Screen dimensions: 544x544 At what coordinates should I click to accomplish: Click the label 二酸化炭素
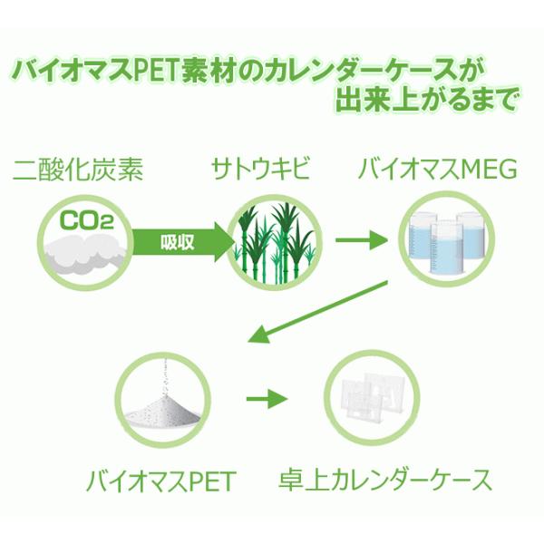(78, 170)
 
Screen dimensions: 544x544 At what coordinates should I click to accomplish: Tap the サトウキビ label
(260, 169)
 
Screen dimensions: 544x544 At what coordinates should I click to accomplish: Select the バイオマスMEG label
(438, 169)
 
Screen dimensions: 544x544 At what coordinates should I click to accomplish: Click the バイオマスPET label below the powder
(161, 481)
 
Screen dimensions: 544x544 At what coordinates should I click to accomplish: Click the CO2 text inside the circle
(87, 220)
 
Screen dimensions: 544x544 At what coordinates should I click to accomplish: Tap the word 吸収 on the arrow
(178, 242)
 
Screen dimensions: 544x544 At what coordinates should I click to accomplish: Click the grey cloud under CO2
(84, 253)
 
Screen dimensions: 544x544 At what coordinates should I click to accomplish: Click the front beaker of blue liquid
(446, 248)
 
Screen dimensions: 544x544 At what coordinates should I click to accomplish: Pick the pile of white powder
(162, 412)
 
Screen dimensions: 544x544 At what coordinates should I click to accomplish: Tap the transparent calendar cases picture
(371, 395)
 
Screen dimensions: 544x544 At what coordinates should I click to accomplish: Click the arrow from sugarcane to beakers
(361, 240)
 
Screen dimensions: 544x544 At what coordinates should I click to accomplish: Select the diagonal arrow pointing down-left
(317, 312)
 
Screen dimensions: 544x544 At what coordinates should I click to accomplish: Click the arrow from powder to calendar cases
(267, 399)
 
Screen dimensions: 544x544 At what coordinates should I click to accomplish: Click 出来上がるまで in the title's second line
(426, 100)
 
